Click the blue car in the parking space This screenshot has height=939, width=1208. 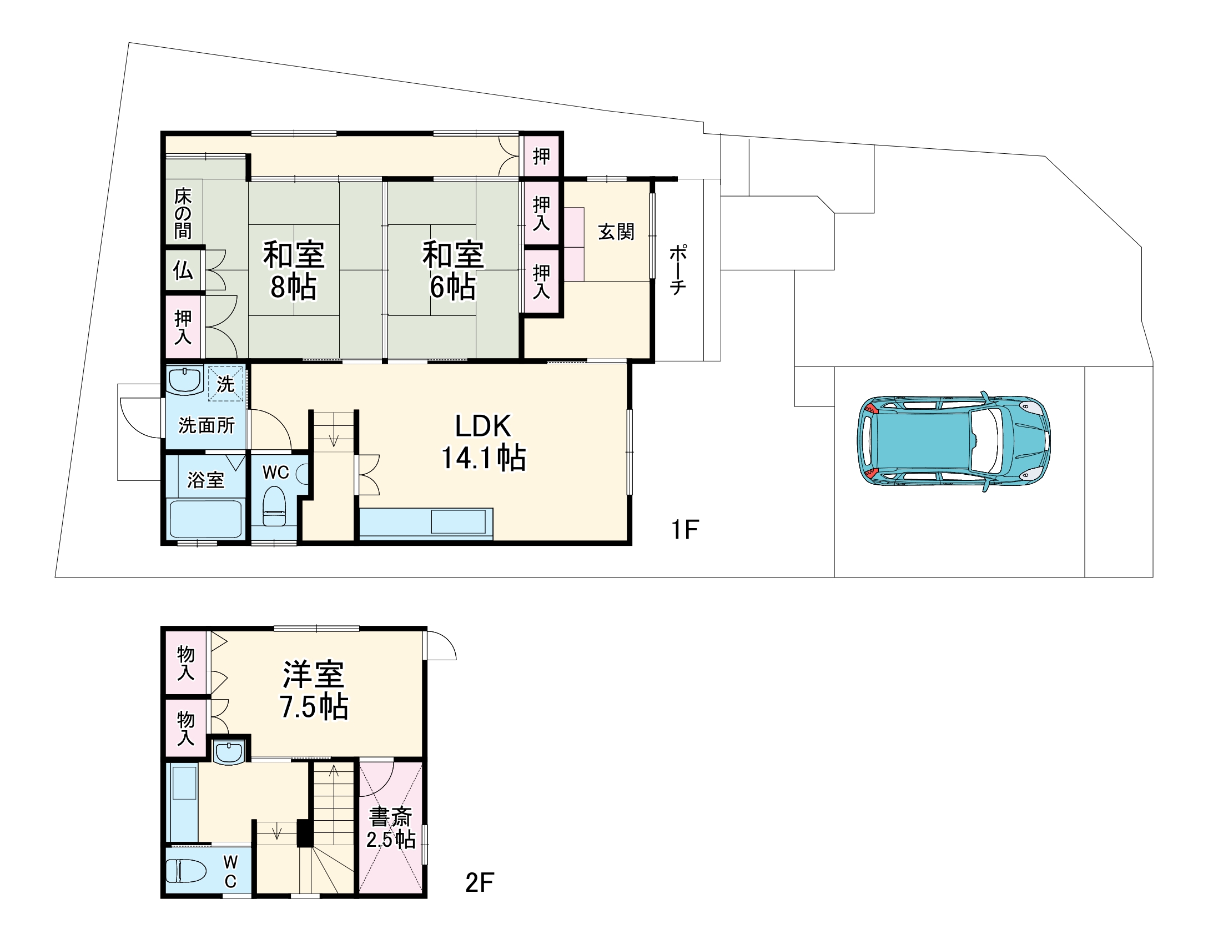[954, 441]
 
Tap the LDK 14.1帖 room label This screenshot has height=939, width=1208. [483, 443]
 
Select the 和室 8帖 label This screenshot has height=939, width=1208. [294, 270]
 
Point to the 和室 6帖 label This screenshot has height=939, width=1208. [453, 270]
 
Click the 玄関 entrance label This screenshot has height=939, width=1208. [616, 232]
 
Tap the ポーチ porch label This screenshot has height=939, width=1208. [678, 269]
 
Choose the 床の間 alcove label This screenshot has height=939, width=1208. [183, 213]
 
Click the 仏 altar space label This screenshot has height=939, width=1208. [183, 270]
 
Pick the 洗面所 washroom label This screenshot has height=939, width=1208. [207, 425]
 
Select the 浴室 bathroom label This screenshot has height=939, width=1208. [206, 480]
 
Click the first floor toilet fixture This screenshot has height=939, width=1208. [274, 506]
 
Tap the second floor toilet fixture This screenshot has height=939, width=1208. [186, 871]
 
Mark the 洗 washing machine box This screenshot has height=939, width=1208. [226, 383]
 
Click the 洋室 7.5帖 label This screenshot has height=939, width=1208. [314, 690]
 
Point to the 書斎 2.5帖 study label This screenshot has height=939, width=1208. [391, 827]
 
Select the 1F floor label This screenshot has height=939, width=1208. [684, 530]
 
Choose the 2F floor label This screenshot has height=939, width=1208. [480, 883]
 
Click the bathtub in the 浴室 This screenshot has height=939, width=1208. [205, 518]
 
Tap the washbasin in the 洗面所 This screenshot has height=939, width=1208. [184, 380]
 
